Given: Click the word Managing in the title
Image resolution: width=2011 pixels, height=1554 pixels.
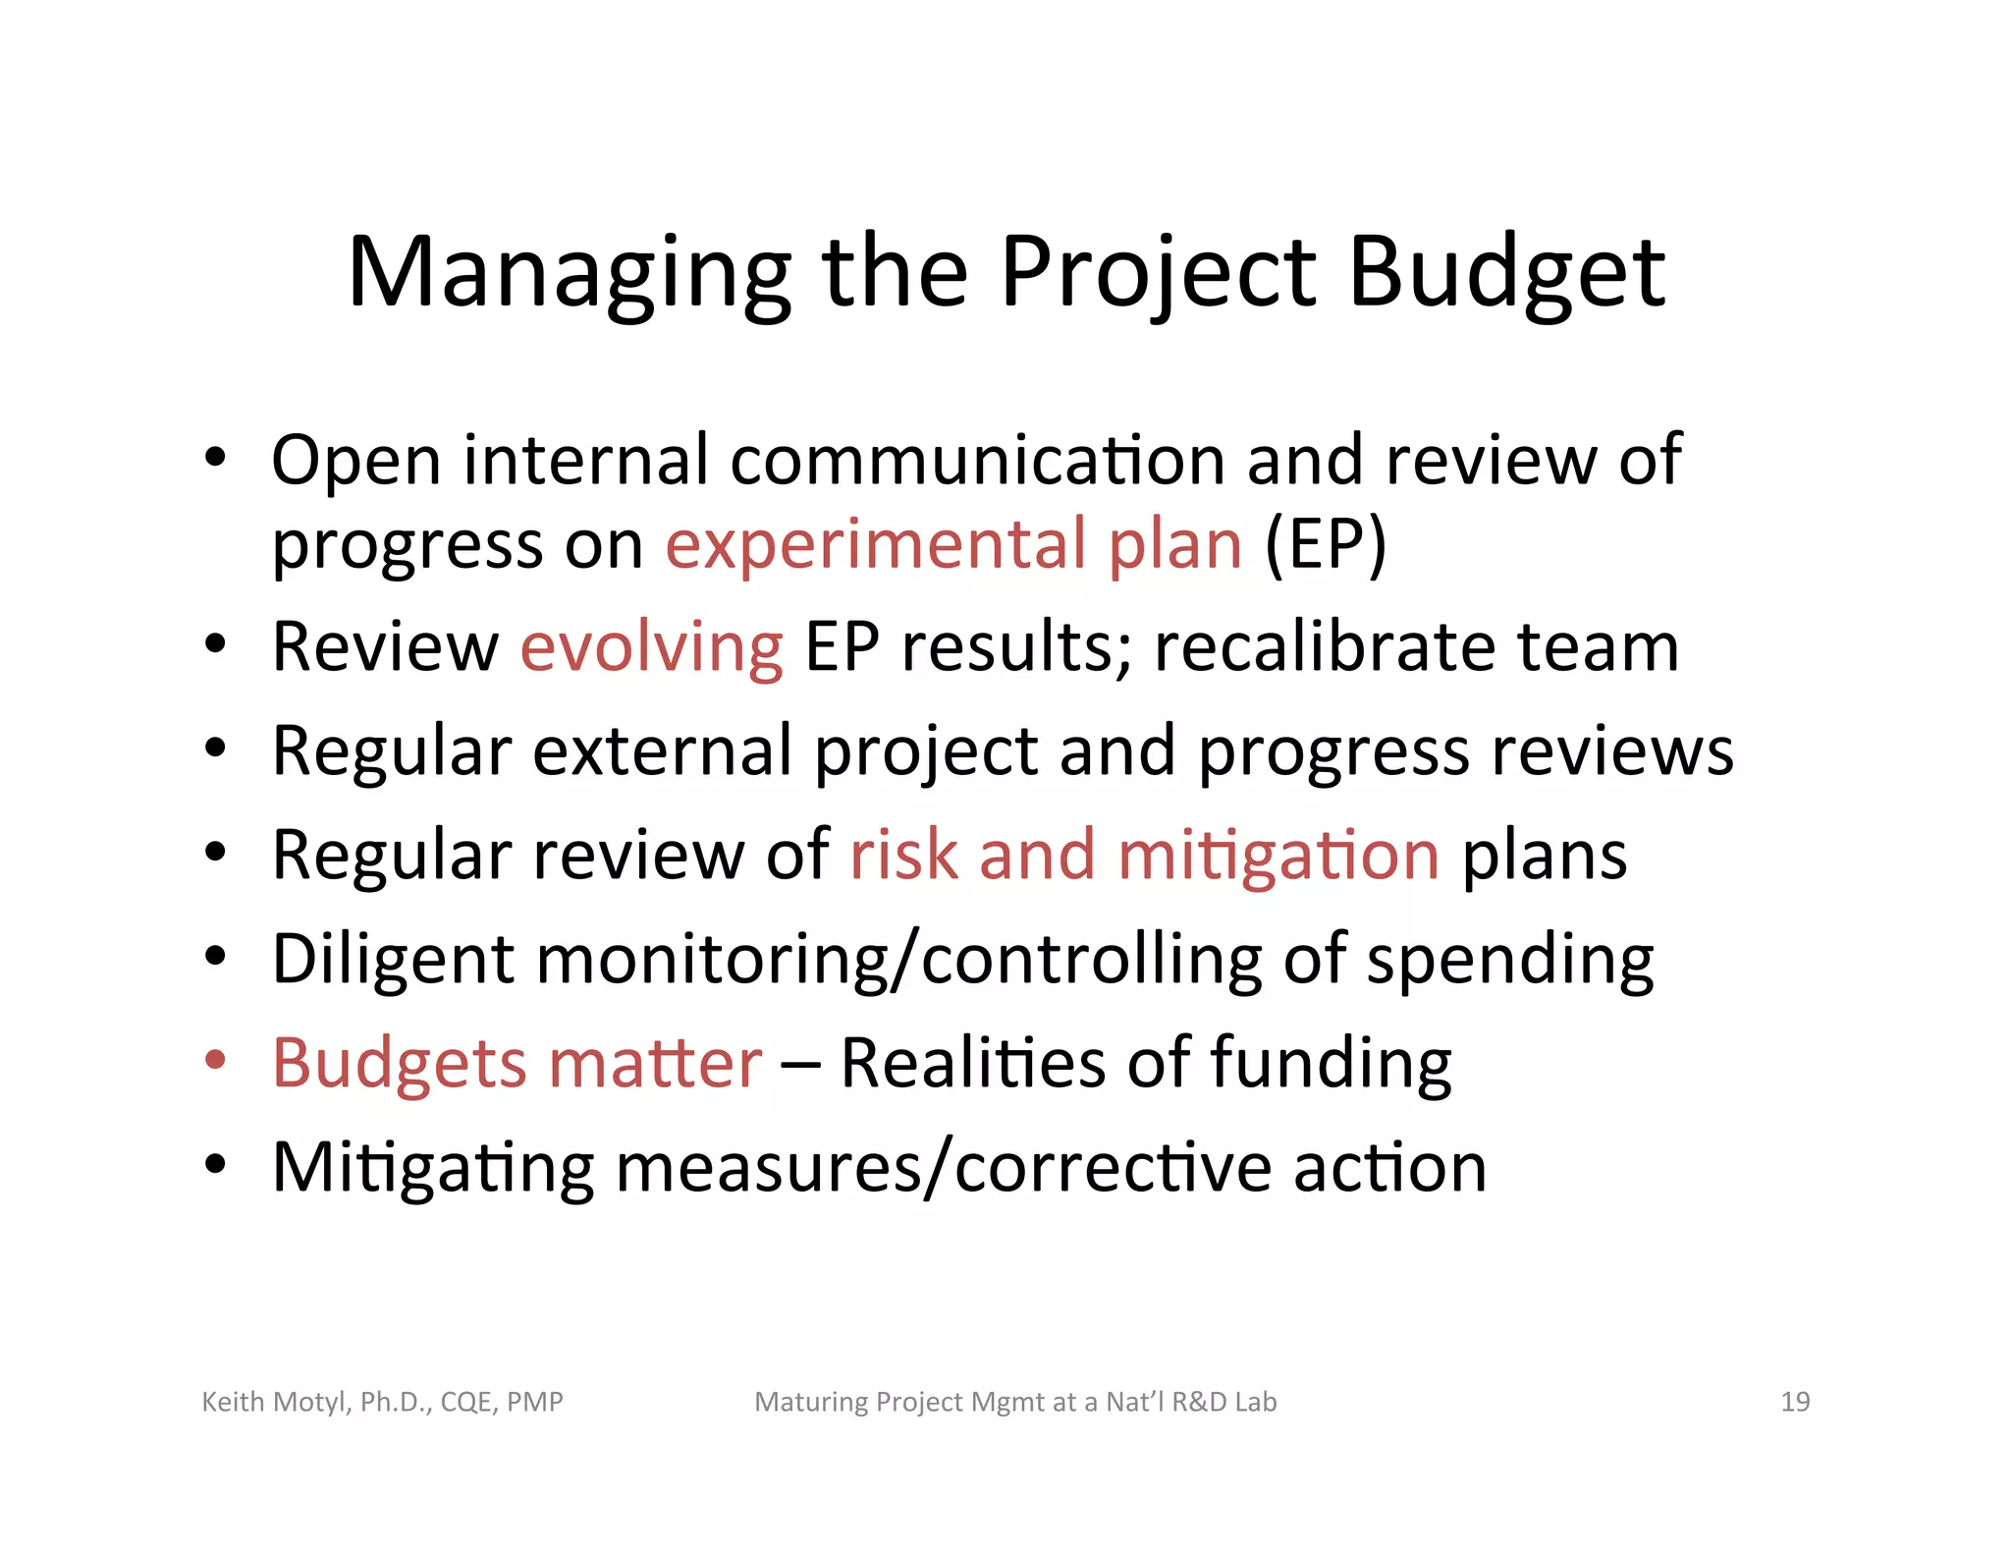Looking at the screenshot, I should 569,273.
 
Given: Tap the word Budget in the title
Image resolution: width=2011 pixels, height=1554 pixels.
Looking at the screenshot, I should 1506,273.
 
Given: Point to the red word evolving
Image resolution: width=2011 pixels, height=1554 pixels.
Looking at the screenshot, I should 651,648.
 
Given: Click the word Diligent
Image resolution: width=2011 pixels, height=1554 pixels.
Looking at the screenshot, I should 393,960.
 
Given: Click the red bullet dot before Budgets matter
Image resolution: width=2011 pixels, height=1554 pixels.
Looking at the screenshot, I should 216,1061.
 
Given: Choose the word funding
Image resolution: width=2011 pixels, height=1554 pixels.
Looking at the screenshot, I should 1331,1065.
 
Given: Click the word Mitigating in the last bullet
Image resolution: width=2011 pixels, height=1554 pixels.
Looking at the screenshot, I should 433,1169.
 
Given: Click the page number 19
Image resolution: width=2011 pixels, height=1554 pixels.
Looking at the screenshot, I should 1794,1402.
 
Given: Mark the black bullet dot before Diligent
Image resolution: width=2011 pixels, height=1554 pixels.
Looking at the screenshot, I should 216,956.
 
